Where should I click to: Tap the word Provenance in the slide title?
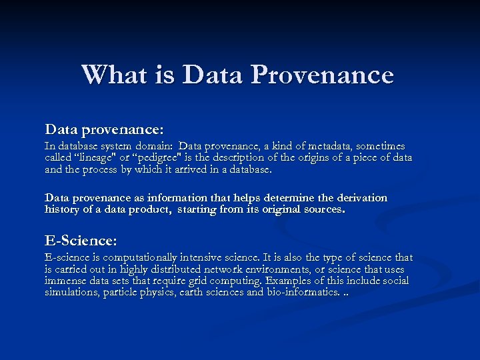(x=322, y=74)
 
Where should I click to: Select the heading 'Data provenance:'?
(x=104, y=127)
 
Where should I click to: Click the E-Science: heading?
(x=81, y=239)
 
